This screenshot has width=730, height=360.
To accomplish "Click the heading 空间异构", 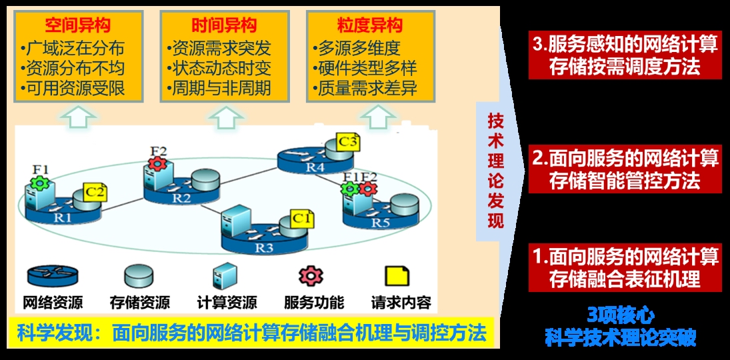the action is tap(78, 25).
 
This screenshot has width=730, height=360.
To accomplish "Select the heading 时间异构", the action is tap(223, 25).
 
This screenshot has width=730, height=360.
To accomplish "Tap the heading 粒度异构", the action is tap(369, 25).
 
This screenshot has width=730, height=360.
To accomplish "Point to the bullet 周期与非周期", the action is tap(219, 88).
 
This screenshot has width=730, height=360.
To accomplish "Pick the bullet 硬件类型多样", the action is tap(365, 69).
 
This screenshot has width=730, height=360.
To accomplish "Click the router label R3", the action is tap(264, 248).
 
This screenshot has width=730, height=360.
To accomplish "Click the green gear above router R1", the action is tap(39, 183).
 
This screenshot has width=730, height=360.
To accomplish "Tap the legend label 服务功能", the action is tap(314, 303).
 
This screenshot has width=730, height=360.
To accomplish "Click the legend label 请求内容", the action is tap(401, 303).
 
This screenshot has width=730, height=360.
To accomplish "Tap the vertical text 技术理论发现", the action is tap(495, 171).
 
